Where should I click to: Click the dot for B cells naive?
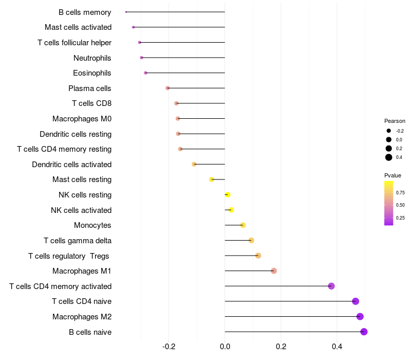click(x=364, y=332)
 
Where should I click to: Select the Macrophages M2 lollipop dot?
click(x=360, y=316)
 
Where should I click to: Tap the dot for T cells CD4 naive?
click(x=356, y=301)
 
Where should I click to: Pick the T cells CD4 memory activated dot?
click(x=331, y=286)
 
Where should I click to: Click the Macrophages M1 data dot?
click(x=274, y=271)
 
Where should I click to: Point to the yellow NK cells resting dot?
click(x=228, y=194)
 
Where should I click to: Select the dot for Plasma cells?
click(x=167, y=88)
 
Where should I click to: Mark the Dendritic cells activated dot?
click(x=194, y=164)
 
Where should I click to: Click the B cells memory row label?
click(x=85, y=12)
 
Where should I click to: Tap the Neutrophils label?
click(x=92, y=58)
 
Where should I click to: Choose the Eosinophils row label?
click(x=92, y=73)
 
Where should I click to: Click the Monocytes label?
click(x=92, y=225)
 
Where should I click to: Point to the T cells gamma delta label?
click(x=78, y=240)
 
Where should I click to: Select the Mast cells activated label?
click(x=78, y=27)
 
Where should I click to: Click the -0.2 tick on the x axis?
click(x=169, y=347)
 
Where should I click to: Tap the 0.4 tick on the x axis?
click(x=337, y=347)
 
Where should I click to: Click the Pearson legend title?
click(x=395, y=121)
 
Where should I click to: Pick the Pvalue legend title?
click(x=393, y=175)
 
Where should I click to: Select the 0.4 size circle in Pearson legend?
click(x=389, y=157)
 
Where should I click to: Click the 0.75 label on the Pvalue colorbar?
click(x=400, y=193)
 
